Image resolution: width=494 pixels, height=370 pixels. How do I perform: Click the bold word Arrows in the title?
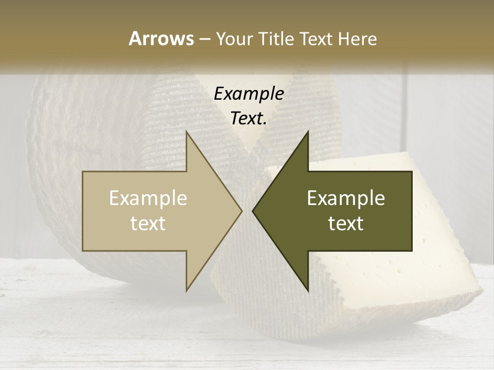pyautogui.click(x=161, y=39)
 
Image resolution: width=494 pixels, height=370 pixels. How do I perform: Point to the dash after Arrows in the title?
pyautogui.click(x=204, y=40)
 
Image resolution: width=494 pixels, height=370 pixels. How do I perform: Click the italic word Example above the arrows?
pyautogui.click(x=249, y=94)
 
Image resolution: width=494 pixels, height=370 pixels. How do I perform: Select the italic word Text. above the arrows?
pyautogui.click(x=249, y=119)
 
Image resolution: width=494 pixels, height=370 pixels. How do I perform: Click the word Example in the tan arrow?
pyautogui.click(x=148, y=198)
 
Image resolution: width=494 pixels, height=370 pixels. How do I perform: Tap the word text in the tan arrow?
pyautogui.click(x=148, y=224)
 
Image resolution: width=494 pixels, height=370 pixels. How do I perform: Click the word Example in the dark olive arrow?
pyautogui.click(x=346, y=198)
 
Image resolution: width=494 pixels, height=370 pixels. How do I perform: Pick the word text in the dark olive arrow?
pyautogui.click(x=346, y=224)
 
